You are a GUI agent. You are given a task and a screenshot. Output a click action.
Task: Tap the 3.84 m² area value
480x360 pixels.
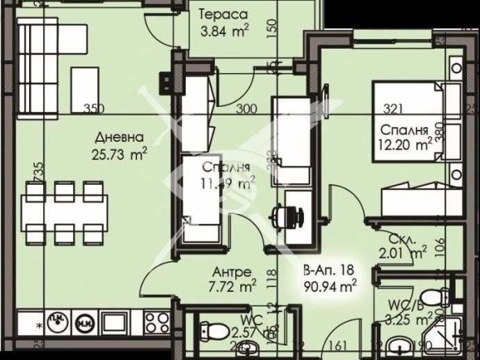click(x=225, y=32)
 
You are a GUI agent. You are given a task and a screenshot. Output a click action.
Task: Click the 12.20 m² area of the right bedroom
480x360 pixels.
click(x=405, y=145)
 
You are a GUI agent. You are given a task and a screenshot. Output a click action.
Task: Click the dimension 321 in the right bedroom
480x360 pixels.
click(x=392, y=109)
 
